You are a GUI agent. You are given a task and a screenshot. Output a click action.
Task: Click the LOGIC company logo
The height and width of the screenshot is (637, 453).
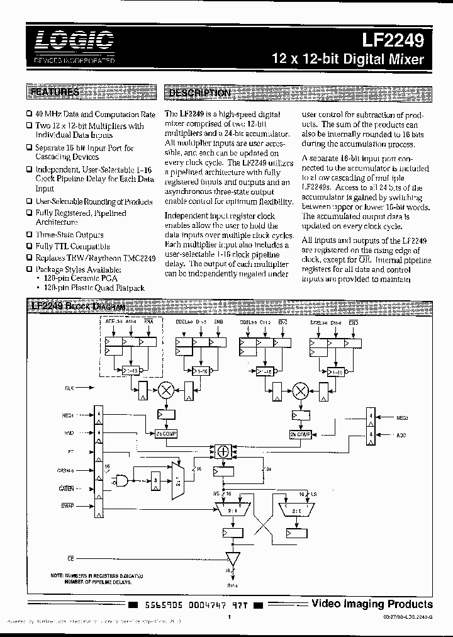(x=75, y=42)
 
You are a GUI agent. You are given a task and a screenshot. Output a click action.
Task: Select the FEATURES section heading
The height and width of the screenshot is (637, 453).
(x=55, y=93)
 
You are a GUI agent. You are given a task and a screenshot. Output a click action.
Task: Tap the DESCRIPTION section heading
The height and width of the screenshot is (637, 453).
(x=199, y=93)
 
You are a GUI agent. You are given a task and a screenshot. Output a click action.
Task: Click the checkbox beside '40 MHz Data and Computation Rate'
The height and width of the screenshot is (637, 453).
(x=29, y=115)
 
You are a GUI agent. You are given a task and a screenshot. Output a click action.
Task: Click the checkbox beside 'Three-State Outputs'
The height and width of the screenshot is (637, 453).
(x=29, y=235)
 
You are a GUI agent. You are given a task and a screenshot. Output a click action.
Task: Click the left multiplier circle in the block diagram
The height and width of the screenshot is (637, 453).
(x=167, y=390)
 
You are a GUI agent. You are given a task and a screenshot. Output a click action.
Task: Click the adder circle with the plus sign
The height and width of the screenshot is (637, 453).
(x=221, y=451)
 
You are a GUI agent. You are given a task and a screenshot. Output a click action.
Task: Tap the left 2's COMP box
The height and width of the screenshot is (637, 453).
(x=166, y=434)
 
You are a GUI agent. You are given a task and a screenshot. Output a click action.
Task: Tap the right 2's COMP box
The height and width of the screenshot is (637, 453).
(x=300, y=434)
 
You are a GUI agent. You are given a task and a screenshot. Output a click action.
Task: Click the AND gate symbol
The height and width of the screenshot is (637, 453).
(x=121, y=480)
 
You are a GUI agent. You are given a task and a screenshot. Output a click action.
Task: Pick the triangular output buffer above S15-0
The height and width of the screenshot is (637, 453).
(x=234, y=558)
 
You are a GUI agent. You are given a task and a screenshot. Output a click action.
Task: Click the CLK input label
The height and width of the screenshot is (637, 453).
(x=69, y=389)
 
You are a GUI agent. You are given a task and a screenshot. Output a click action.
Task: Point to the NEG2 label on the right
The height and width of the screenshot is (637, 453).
(x=403, y=417)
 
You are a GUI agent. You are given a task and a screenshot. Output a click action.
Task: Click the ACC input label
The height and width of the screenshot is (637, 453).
(x=401, y=434)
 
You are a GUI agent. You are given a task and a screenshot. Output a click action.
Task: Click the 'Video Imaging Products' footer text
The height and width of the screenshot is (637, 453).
(x=372, y=604)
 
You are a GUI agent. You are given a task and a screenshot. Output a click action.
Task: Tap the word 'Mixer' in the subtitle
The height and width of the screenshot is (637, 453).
(x=405, y=60)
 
